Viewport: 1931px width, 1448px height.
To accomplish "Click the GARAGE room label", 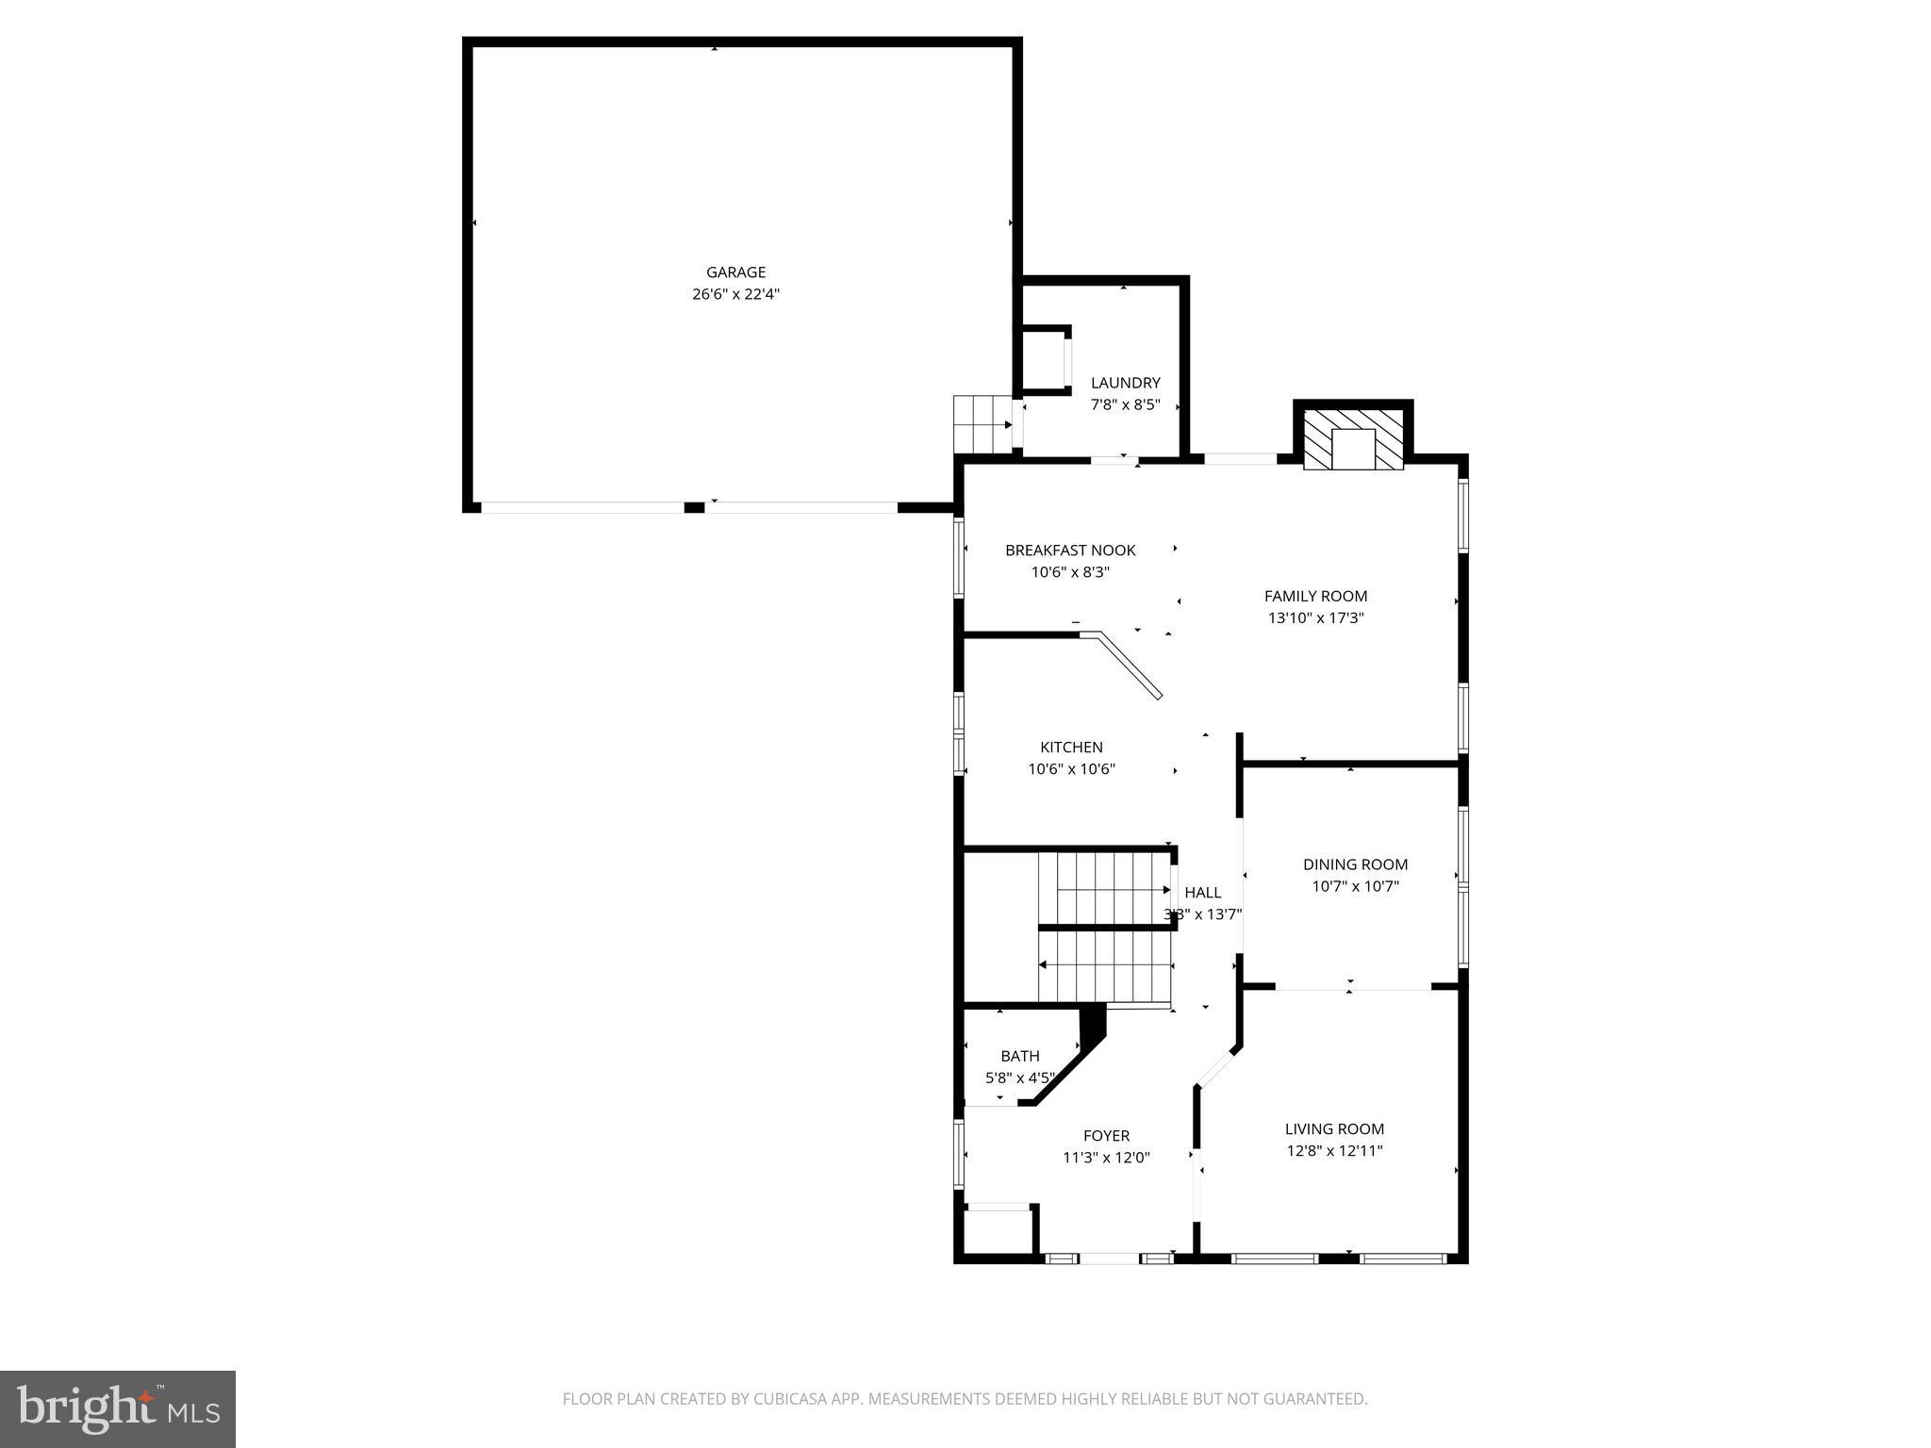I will click(x=735, y=272).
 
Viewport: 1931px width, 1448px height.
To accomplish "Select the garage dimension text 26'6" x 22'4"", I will click(x=735, y=294).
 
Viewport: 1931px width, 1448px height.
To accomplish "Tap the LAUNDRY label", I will click(x=1125, y=383).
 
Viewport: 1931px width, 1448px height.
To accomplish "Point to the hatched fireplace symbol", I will click(x=1353, y=438).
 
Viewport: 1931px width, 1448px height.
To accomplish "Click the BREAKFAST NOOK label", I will click(x=1070, y=551).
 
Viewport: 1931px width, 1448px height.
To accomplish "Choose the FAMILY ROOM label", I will click(x=1315, y=596).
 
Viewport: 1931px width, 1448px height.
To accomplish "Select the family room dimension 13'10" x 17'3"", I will click(x=1315, y=618).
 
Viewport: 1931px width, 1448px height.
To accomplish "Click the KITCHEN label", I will click(x=1071, y=748).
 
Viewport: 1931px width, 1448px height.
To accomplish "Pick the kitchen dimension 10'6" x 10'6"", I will click(x=1071, y=769).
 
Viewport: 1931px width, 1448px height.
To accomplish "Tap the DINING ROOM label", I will click(x=1355, y=864).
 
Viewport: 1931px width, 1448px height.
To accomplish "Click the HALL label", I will click(x=1202, y=893).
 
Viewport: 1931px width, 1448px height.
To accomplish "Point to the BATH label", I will click(x=1020, y=1056).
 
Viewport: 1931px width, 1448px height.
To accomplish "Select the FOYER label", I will click(x=1106, y=1136).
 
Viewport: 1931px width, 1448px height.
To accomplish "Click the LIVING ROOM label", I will click(x=1334, y=1128).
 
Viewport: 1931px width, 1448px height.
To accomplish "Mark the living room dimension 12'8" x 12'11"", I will click(x=1334, y=1151).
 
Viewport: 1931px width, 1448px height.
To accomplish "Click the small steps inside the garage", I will click(x=981, y=424).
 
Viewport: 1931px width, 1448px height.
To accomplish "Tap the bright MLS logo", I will click(x=118, y=1408).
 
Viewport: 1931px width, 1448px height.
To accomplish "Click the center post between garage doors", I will click(x=694, y=508).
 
